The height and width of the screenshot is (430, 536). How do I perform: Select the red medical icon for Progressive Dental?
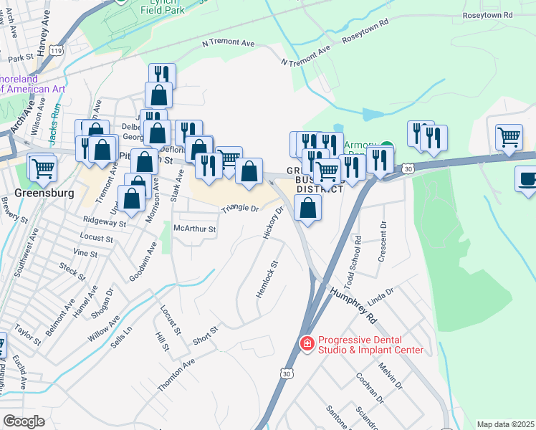click(x=307, y=344)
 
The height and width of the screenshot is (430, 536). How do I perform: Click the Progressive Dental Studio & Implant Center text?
click(x=370, y=345)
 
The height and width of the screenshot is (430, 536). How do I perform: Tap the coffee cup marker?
click(x=527, y=179)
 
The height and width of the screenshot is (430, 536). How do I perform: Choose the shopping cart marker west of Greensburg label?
click(x=42, y=168)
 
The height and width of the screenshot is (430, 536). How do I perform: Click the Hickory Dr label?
click(x=274, y=223)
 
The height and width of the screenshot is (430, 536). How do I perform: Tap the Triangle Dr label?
click(x=239, y=209)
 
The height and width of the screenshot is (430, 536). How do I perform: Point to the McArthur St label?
click(x=195, y=229)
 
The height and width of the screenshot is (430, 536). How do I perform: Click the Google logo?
click(x=24, y=421)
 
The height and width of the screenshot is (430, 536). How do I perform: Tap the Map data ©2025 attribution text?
click(x=505, y=424)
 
